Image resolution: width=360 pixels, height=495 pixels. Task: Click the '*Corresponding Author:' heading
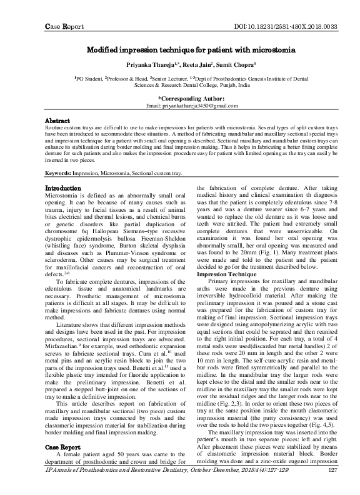click(x=179, y=99)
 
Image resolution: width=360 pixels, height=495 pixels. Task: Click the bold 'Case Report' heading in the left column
click(x=63, y=464)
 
